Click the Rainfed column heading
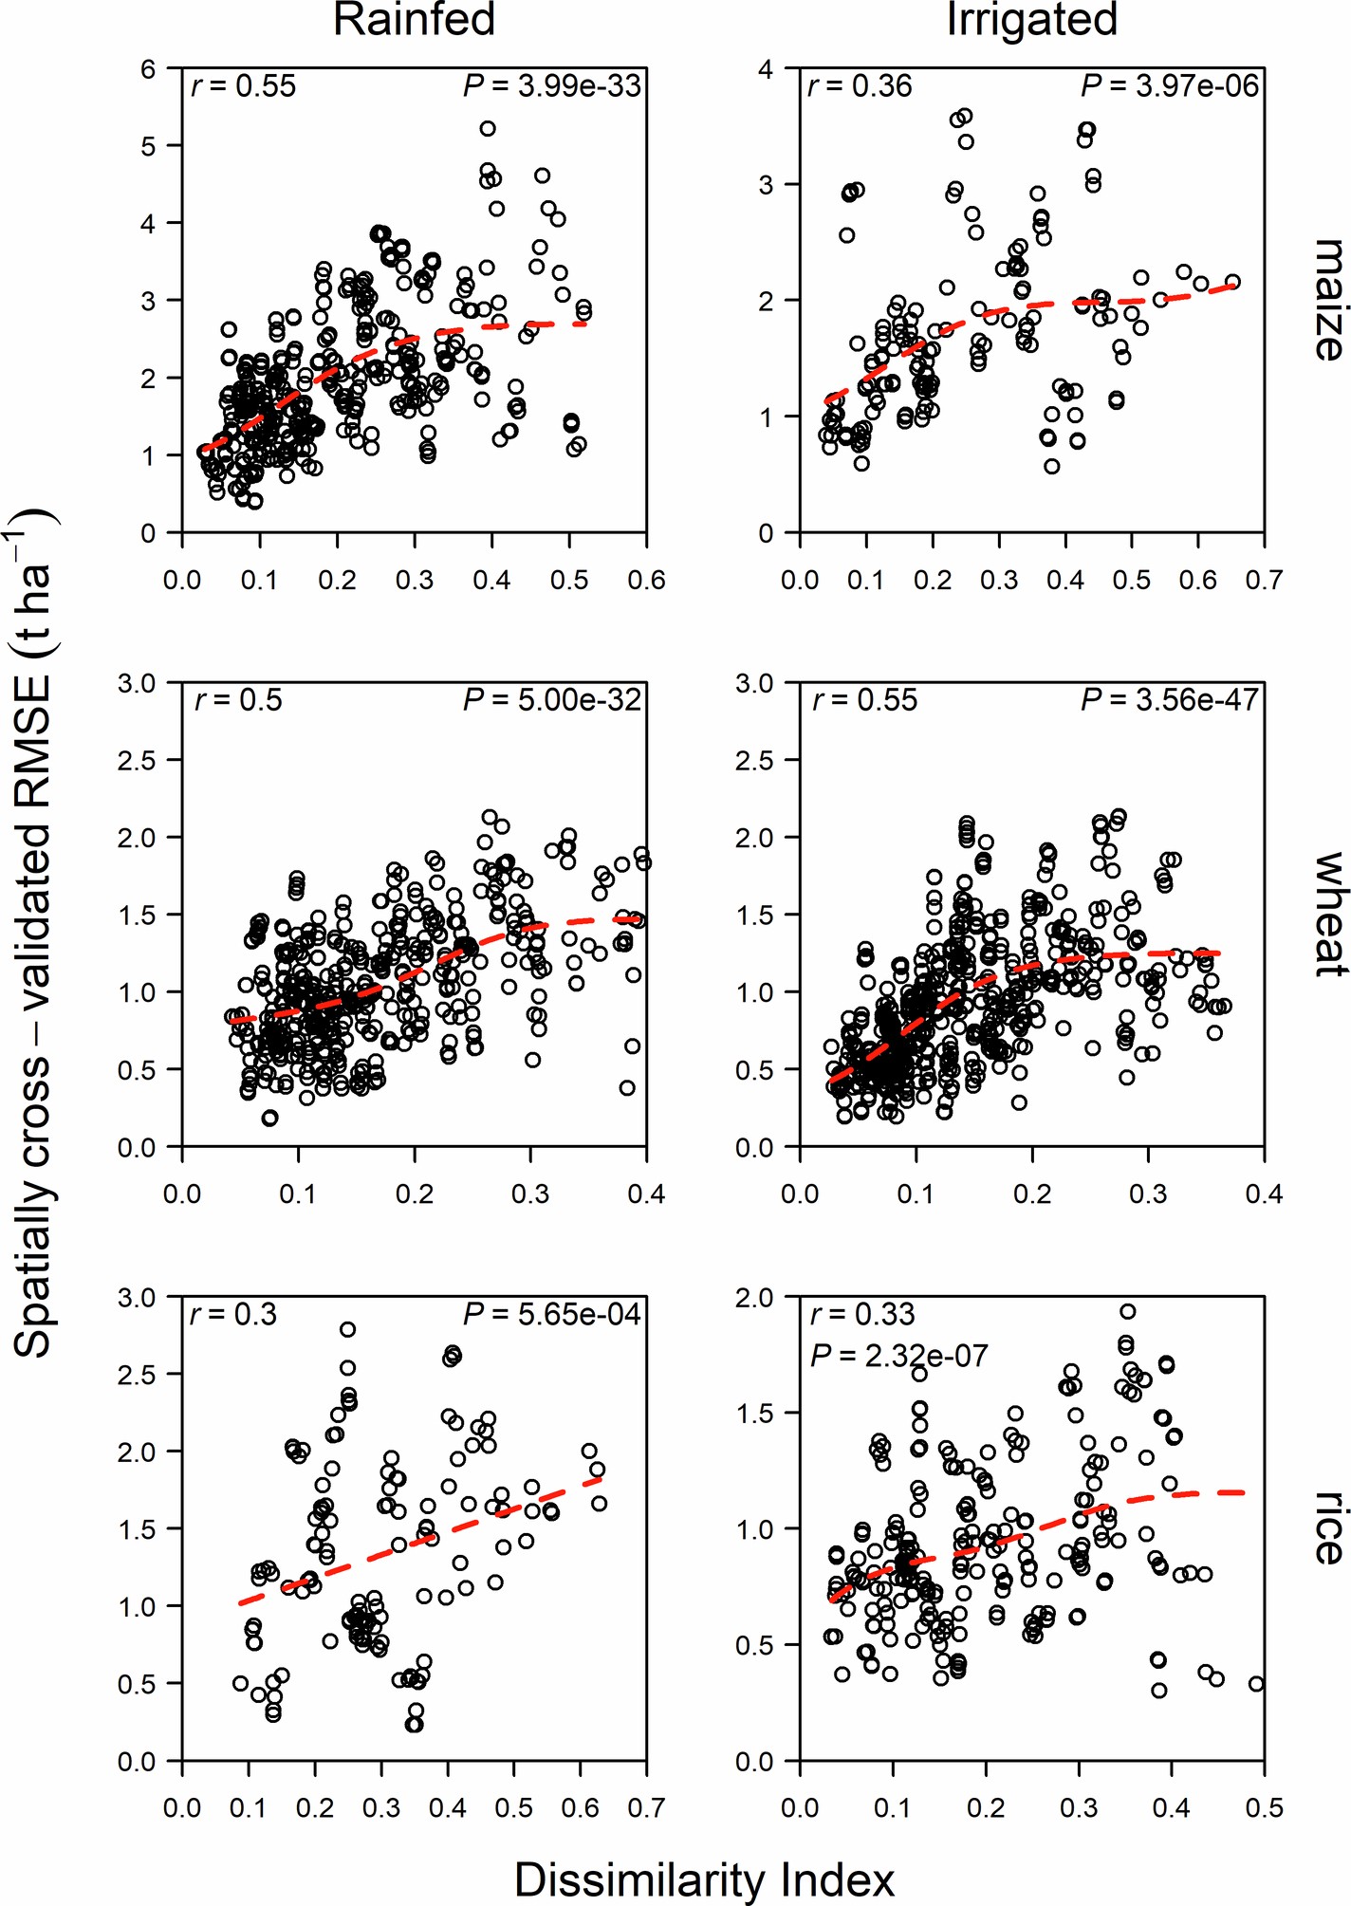(x=414, y=20)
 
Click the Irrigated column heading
(x=1031, y=20)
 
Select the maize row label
(x=1328, y=300)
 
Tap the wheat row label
(x=1328, y=914)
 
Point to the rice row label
(x=1328, y=1528)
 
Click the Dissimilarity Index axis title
(x=704, y=1878)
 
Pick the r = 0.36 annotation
(x=860, y=86)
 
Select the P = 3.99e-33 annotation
(x=552, y=86)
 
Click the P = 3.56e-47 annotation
(x=1169, y=700)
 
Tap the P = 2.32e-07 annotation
(x=898, y=1356)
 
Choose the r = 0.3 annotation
(x=233, y=1314)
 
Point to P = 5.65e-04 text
(x=552, y=1314)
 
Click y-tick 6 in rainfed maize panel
(x=148, y=68)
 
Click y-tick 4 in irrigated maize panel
(x=765, y=68)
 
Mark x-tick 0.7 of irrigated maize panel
(x=1264, y=580)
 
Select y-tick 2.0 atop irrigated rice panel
(x=754, y=1297)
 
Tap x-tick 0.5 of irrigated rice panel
(x=1264, y=1807)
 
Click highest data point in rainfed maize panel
(x=488, y=128)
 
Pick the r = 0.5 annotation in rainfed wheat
(x=238, y=700)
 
